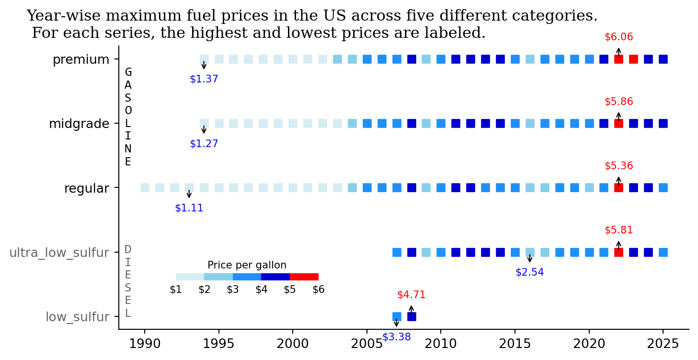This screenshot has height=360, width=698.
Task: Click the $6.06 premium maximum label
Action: [618, 37]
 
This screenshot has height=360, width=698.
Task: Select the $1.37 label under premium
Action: [204, 79]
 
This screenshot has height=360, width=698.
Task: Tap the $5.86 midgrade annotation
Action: [618, 102]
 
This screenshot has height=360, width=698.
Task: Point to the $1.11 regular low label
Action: [189, 208]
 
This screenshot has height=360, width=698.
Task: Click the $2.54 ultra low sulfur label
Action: [529, 272]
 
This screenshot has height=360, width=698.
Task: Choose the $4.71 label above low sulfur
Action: [411, 295]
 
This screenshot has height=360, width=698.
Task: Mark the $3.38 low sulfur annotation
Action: [397, 337]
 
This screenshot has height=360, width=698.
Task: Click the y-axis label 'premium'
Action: [81, 60]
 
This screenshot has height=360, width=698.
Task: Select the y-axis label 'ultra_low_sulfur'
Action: [59, 253]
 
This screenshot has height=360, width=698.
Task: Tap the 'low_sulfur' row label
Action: [77, 317]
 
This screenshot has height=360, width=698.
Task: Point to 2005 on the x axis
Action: [366, 344]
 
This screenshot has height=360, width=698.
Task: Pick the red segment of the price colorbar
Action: [304, 277]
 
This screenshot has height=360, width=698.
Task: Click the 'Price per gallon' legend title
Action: [247, 265]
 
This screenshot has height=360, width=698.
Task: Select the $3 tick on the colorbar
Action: [233, 290]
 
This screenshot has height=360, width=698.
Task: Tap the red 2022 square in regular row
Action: [618, 187]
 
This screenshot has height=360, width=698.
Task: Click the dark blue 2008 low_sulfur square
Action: [412, 316]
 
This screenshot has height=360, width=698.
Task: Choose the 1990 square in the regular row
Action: [145, 187]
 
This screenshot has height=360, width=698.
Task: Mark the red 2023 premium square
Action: [633, 59]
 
